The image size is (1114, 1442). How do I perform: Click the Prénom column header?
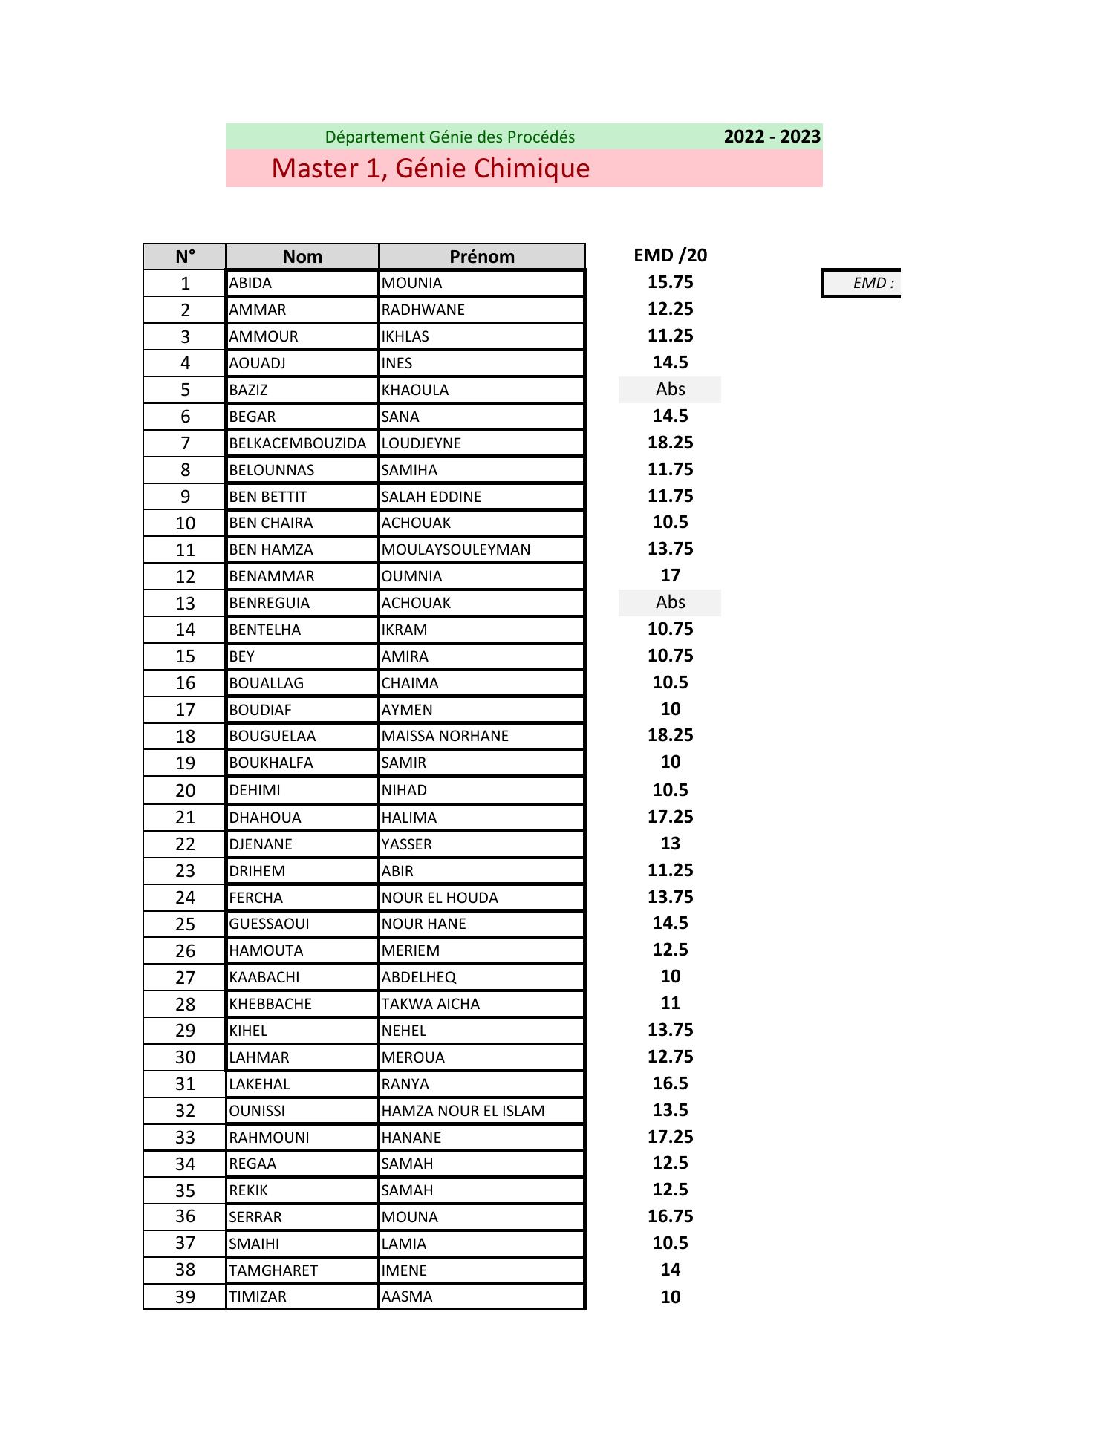pyautogui.click(x=481, y=256)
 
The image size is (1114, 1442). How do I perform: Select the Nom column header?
pyautogui.click(x=302, y=256)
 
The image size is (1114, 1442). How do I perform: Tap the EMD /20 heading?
pyautogui.click(x=670, y=255)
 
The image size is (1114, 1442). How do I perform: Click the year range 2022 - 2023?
pyautogui.click(x=772, y=137)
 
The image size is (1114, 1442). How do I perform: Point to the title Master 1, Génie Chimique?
pyautogui.click(x=430, y=169)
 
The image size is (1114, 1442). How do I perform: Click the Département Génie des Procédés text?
pyautogui.click(x=449, y=137)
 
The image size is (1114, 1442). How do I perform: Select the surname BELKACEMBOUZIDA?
pyautogui.click(x=297, y=443)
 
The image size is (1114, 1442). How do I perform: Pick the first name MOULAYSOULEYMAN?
pyautogui.click(x=455, y=549)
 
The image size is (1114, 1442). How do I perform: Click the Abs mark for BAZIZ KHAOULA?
pyautogui.click(x=670, y=389)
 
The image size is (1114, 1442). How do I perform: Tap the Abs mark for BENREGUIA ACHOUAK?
pyautogui.click(x=670, y=602)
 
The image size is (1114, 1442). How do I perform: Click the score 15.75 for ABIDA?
pyautogui.click(x=670, y=282)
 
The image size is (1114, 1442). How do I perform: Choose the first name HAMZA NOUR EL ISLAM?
pyautogui.click(x=463, y=1111)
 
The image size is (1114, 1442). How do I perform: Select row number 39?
pyautogui.click(x=185, y=1297)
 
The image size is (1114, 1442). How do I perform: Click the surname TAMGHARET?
pyautogui.click(x=273, y=1270)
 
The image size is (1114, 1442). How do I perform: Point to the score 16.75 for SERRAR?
pyautogui.click(x=670, y=1216)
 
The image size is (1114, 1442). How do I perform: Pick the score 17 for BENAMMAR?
pyautogui.click(x=670, y=575)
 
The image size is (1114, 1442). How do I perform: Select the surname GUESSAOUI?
pyautogui.click(x=269, y=924)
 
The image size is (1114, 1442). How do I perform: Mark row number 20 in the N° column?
pyautogui.click(x=185, y=791)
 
